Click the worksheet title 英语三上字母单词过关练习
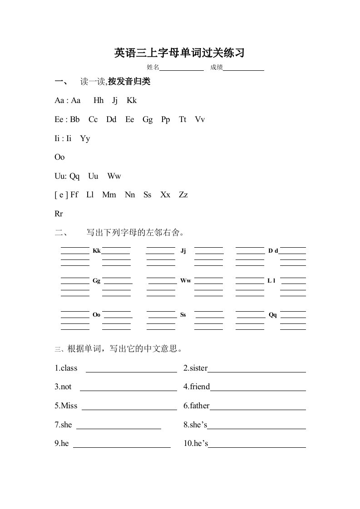(x=180, y=53)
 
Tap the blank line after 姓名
(x=182, y=70)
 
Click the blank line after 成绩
(x=243, y=70)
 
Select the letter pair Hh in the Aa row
(x=99, y=101)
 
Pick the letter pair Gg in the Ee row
(x=148, y=120)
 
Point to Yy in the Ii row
(x=85, y=139)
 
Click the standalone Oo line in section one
(x=59, y=157)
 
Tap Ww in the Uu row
(x=114, y=176)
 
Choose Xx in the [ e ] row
(x=165, y=195)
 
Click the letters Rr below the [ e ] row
(x=59, y=214)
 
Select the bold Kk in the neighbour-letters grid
(x=97, y=251)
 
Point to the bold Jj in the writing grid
(x=183, y=251)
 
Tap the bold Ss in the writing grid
(x=183, y=314)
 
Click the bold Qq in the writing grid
(x=273, y=314)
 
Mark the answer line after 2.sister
(x=256, y=371)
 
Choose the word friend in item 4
(x=200, y=387)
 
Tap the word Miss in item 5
(x=69, y=406)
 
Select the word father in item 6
(x=200, y=406)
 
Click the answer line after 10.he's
(x=257, y=447)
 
